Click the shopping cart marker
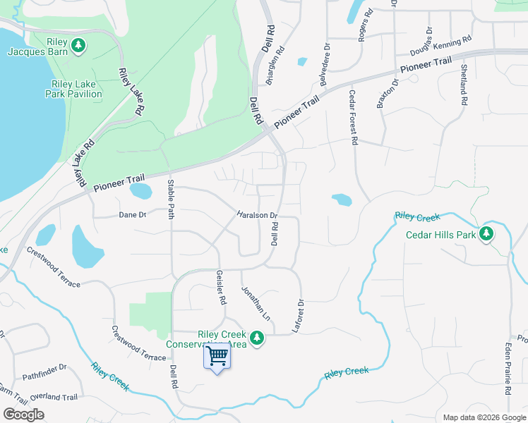pos(217,356)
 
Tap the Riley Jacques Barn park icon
pos(79,47)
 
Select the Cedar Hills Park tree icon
pos(486,233)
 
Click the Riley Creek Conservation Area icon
pos(258,339)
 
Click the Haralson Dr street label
pos(257,215)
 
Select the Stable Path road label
pos(170,200)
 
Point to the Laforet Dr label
pos(300,311)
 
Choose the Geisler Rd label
pos(221,288)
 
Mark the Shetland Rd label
pos(464,85)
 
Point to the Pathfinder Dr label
pos(44,367)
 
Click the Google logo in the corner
pos(23,415)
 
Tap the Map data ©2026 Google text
pos(484,417)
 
